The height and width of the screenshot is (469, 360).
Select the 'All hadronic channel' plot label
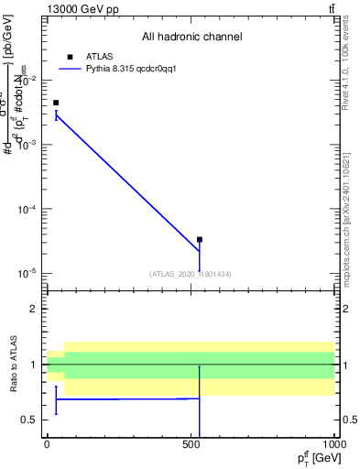coord(191,38)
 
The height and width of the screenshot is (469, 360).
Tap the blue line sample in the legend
coord(70,69)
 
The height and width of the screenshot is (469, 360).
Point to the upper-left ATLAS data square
coord(56,103)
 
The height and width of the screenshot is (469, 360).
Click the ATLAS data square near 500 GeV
coord(199,239)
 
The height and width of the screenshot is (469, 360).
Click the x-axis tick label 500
coord(191,444)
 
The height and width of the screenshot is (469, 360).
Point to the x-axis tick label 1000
coord(333,444)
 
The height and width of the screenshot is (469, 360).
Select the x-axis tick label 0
coord(47,444)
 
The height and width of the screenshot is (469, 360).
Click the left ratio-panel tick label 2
coord(34,310)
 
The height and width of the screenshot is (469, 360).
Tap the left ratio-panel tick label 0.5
coord(30,420)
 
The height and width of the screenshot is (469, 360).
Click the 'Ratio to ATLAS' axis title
coord(15,364)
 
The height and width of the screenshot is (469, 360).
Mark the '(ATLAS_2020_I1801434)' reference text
coord(191,274)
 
